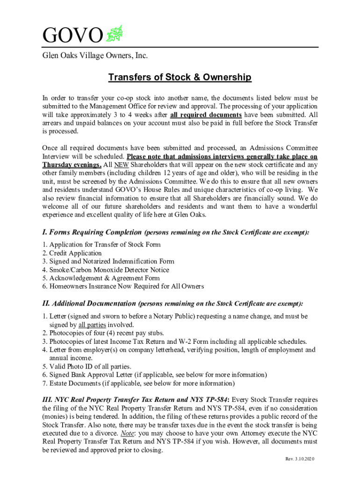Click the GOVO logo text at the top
pos(72,36)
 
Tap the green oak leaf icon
pos(114,34)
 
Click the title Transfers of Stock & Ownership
pos(180,77)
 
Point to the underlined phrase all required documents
pos(206,115)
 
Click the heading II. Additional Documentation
pos(89,304)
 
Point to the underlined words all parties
pos(92,325)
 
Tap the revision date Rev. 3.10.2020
pos(300,459)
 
